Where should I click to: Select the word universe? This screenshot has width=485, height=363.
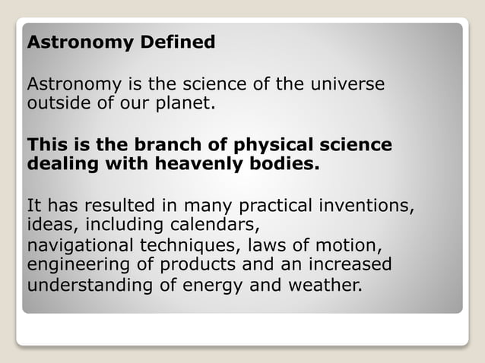[347, 84]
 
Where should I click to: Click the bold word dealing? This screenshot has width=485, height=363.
[60, 163]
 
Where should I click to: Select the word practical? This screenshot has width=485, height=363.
[274, 205]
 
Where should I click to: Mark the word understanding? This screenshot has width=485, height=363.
[90, 286]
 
